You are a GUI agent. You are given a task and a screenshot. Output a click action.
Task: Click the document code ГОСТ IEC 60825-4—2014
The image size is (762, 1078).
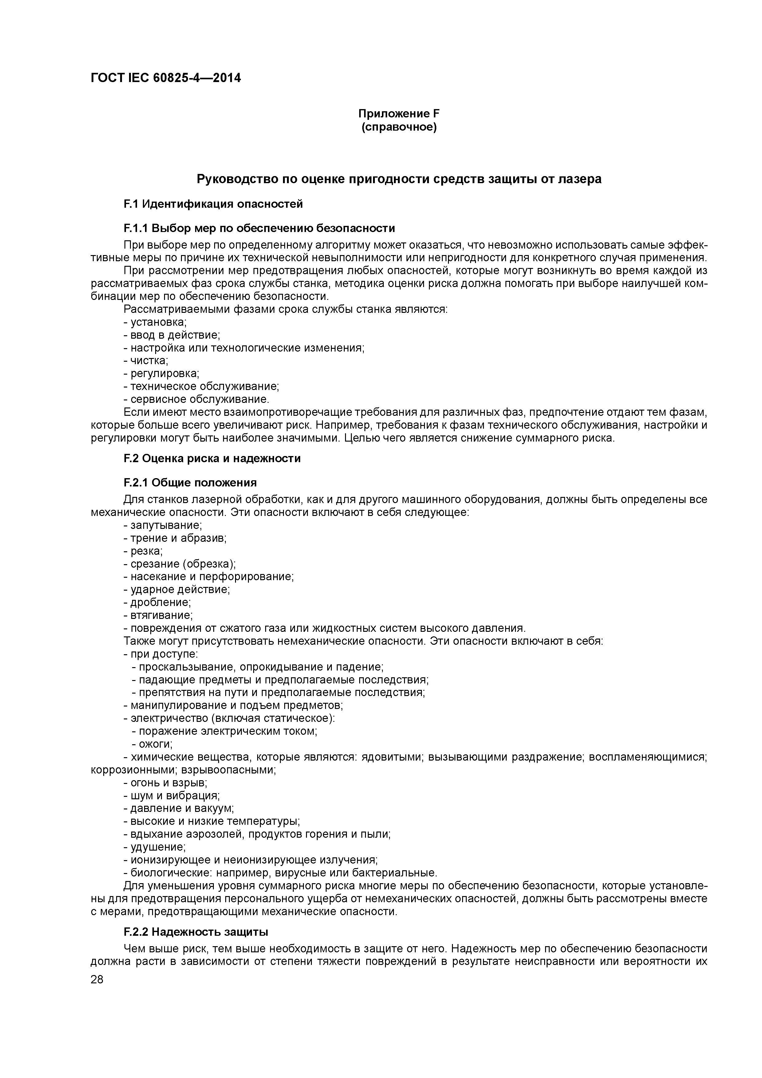(x=166, y=78)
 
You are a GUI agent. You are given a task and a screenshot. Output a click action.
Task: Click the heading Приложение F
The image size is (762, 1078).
(x=399, y=114)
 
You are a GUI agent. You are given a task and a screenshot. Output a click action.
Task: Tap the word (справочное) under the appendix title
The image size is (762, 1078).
(x=399, y=127)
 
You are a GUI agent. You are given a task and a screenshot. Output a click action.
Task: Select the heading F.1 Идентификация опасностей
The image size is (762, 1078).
(x=213, y=204)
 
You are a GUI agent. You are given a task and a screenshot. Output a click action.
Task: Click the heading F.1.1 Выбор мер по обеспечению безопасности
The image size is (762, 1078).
(x=259, y=228)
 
